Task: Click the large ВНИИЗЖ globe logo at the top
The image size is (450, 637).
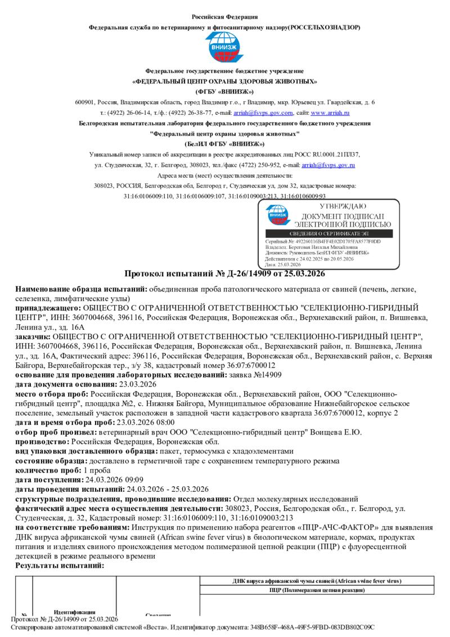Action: pyautogui.click(x=224, y=47)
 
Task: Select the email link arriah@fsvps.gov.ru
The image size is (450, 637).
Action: pyautogui.click(x=328, y=165)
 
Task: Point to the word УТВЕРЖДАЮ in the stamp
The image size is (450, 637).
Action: pyautogui.click(x=335, y=207)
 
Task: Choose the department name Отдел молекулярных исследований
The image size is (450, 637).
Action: pyautogui.click(x=295, y=499)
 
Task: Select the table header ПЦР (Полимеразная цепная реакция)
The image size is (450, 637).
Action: pyautogui.click(x=316, y=590)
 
